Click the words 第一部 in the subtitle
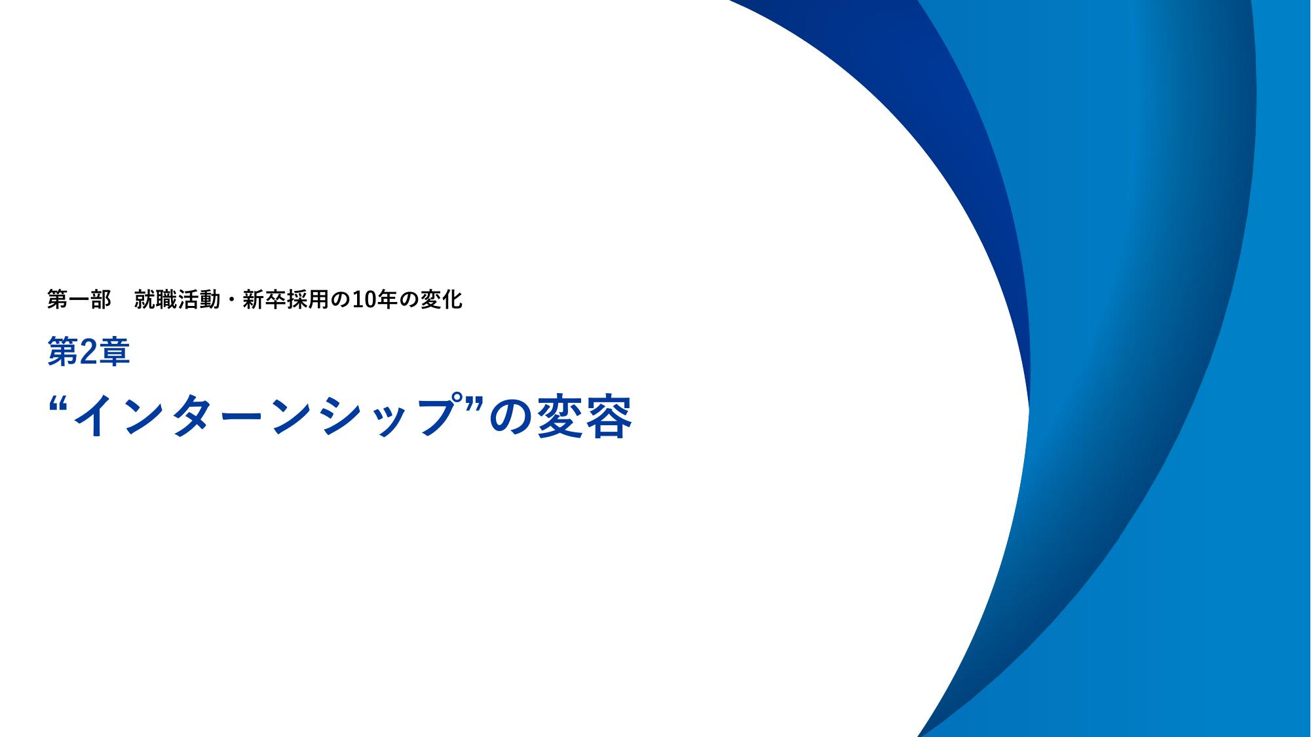pyautogui.click(x=79, y=300)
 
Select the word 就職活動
pyautogui.click(x=177, y=300)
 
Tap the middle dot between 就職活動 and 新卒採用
pyautogui.click(x=231, y=301)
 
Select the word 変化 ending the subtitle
pyautogui.click(x=441, y=300)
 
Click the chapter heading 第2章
pyautogui.click(x=88, y=352)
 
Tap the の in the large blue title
pyautogui.click(x=512, y=417)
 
